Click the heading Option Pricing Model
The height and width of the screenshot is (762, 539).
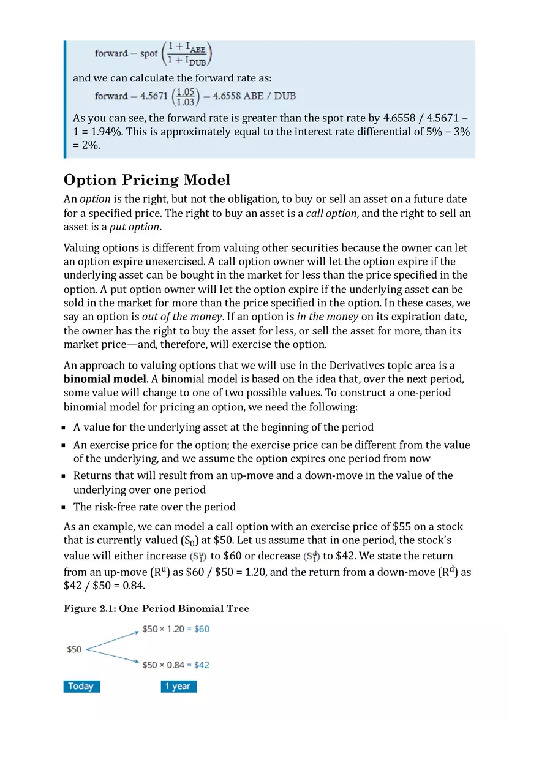click(x=147, y=180)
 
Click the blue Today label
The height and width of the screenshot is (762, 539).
click(x=81, y=686)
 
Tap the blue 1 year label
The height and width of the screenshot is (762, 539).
click(x=178, y=686)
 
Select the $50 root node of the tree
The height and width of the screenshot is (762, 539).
click(x=74, y=649)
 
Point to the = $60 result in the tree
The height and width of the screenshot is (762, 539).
click(x=198, y=629)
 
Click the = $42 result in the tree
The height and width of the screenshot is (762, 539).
click(x=198, y=665)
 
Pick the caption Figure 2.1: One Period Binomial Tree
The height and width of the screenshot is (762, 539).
click(x=156, y=608)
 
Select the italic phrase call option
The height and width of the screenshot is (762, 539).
click(x=331, y=213)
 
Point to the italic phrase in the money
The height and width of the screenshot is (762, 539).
click(x=327, y=317)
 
